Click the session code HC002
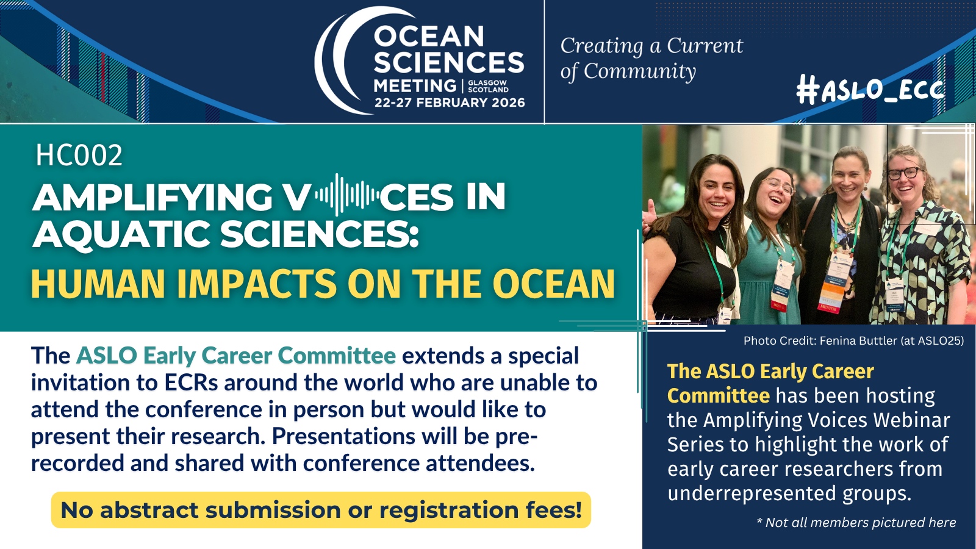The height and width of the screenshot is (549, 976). point(79,155)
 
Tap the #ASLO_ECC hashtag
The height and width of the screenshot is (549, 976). point(870,90)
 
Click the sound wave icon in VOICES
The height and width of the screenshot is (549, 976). point(347,195)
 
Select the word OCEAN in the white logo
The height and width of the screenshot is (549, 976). point(429,36)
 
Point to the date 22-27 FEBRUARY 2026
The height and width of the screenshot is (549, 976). point(450,103)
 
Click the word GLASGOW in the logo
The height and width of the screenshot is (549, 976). point(487,82)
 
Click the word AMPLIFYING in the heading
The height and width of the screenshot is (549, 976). point(152,197)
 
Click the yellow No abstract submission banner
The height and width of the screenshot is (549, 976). point(321,510)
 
